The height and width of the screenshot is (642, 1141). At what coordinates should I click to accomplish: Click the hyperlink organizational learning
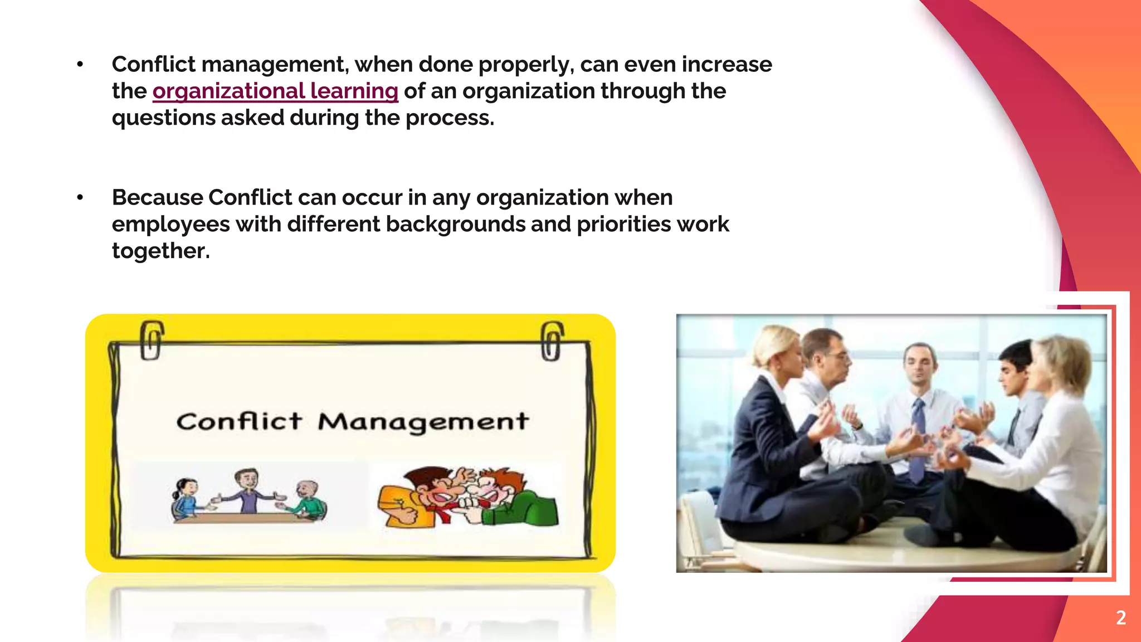tap(275, 91)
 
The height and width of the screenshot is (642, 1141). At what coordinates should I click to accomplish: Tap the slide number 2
tap(1121, 617)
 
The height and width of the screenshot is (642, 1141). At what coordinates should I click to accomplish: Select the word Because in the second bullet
tap(157, 197)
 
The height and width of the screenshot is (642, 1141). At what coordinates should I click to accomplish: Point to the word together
tap(160, 251)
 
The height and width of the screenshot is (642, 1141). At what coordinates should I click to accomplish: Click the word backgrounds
tap(455, 224)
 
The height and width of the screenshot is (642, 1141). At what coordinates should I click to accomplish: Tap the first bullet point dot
tap(80, 65)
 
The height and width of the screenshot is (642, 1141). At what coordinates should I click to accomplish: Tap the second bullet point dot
tap(80, 197)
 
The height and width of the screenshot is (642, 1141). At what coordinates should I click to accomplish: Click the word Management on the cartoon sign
tap(423, 422)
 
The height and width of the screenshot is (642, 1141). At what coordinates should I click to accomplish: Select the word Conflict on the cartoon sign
tap(239, 422)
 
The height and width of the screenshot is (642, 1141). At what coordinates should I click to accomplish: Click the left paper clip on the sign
tap(151, 340)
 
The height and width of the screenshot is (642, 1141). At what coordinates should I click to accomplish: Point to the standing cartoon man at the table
tap(247, 490)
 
